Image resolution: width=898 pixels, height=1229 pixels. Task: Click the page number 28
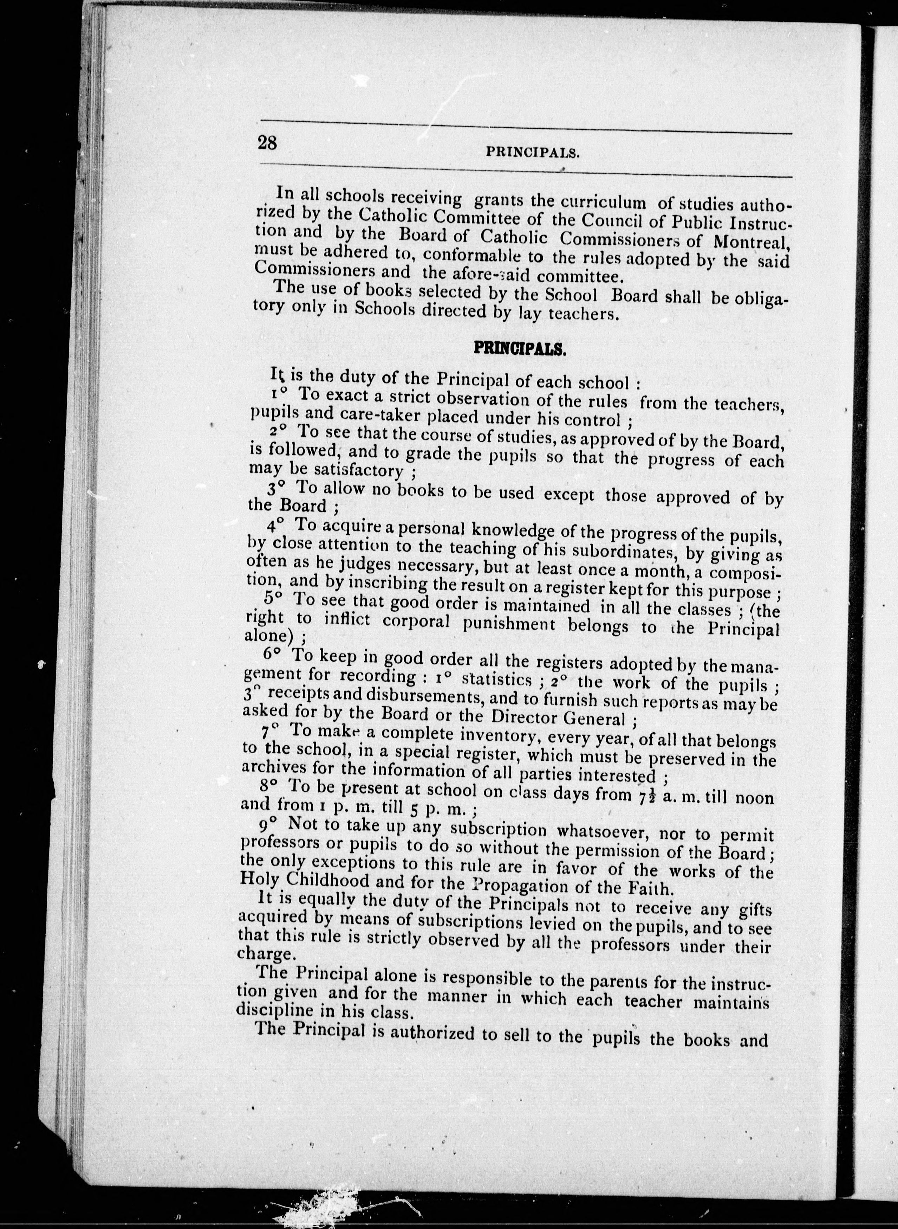tap(267, 143)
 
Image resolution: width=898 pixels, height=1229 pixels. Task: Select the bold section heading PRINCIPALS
tap(521, 348)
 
